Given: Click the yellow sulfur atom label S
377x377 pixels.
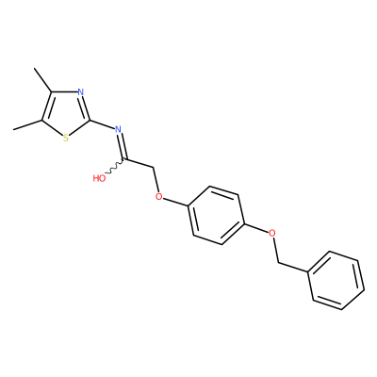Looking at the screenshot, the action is coord(65,138).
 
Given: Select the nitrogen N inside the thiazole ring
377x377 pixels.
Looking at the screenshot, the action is coord(81,92).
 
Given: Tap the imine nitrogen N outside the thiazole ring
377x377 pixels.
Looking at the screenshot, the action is coord(118,129).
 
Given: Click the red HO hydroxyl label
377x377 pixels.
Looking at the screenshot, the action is coord(99,178).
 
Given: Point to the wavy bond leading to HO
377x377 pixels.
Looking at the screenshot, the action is coord(115,167).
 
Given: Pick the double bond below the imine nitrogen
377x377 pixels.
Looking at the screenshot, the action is coord(122,146).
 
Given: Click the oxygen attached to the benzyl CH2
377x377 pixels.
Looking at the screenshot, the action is coord(272,233).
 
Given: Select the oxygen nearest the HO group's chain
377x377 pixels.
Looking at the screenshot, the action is coord(159,197).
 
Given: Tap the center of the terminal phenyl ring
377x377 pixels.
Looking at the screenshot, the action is coord(336,281).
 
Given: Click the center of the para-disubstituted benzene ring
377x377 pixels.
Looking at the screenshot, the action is coord(216,216).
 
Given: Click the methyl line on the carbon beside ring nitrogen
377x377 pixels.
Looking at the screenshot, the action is coord(43,80).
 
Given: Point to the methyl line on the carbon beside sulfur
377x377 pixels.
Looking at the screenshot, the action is coord(27,125).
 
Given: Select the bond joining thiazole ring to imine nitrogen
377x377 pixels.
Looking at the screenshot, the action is coord(103,124).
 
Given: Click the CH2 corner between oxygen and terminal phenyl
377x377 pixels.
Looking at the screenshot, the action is coord(279,263).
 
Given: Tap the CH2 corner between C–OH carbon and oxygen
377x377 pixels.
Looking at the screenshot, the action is coord(155,168).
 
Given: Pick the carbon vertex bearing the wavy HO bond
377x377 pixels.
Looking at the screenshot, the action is coord(125,159).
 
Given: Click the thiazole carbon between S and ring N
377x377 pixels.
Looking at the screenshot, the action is coord(90,120).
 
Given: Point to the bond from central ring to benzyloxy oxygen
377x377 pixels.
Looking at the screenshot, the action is coord(256,228).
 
